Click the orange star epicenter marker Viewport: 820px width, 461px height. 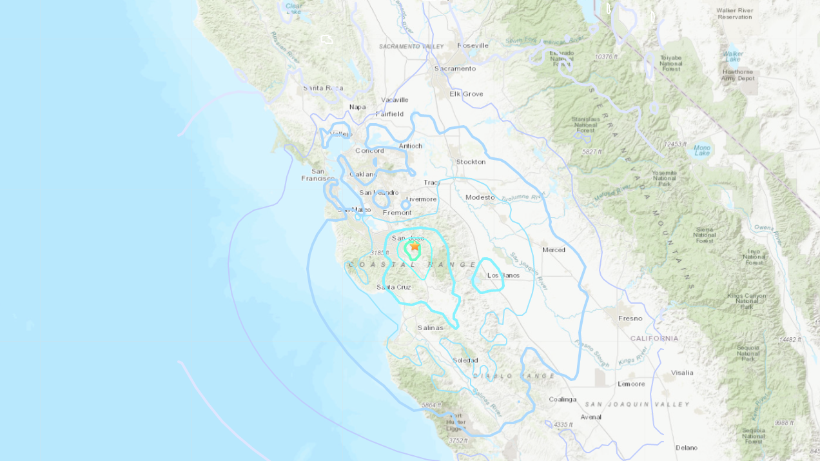[415, 246]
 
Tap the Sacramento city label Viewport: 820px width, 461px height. [455, 68]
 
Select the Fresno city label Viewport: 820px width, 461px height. [630, 318]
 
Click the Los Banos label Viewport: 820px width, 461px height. [503, 275]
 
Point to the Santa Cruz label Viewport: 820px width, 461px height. [394, 287]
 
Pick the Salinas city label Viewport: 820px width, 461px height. [431, 328]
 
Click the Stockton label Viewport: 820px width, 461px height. [471, 161]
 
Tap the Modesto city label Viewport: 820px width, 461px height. [480, 197]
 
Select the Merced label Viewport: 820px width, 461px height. [554, 250]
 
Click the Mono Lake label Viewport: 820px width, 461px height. [702, 150]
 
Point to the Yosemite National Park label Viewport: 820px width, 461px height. [663, 179]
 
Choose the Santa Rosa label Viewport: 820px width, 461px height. [323, 88]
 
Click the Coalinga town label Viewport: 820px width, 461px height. [563, 399]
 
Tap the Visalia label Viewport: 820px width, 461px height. [682, 372]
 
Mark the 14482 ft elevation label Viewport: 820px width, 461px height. [790, 339]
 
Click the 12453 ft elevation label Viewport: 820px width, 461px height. [676, 144]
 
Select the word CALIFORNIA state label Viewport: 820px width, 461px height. [654, 338]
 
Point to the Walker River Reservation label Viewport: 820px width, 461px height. [734, 14]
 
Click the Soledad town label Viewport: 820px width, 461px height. [465, 360]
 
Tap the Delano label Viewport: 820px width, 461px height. [687, 447]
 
